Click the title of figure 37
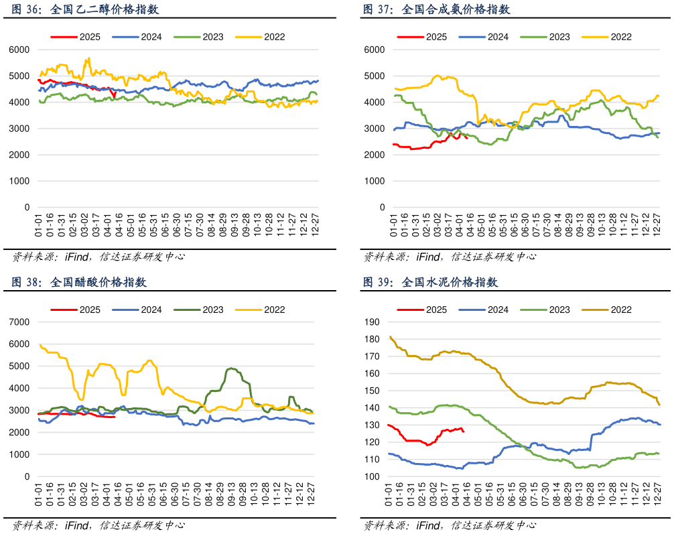(436, 9)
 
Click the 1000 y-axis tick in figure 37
(375, 181)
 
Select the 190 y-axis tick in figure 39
(371, 322)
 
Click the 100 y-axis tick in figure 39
(371, 476)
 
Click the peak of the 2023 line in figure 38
(231, 368)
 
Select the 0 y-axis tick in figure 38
(27, 476)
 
